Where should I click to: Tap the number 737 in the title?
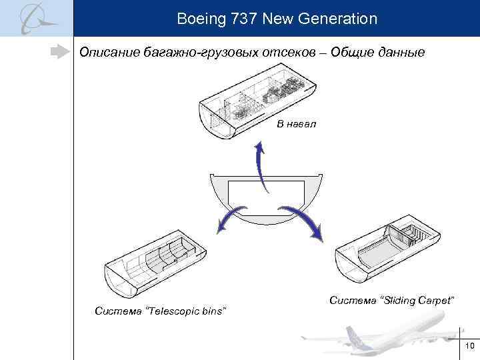point(241,19)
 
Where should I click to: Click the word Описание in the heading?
point(109,52)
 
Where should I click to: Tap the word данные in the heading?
point(397,52)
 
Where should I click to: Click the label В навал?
point(296,124)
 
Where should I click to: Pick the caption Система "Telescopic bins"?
point(160,311)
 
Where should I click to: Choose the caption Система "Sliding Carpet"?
point(392,301)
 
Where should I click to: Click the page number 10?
point(469,345)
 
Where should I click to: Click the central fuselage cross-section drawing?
point(267,197)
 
